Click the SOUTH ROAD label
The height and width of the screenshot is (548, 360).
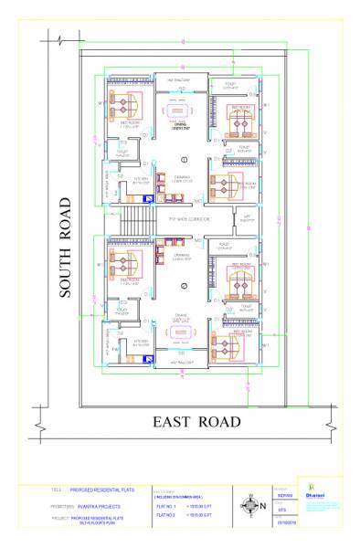pos(65,247)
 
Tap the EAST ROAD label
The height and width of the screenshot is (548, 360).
pos(196,421)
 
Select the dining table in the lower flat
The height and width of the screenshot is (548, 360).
pos(181,332)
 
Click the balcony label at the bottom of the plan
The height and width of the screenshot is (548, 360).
pos(181,363)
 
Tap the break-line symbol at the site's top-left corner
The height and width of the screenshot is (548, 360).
pos(58,41)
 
